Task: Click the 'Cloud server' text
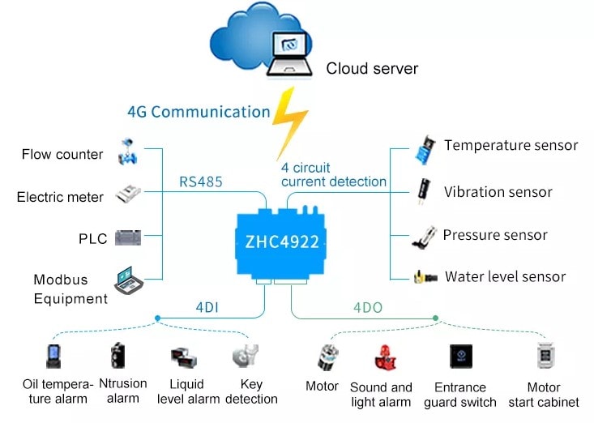click(372, 68)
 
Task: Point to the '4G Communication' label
click(199, 112)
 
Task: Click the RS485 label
click(201, 182)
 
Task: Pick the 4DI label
click(206, 307)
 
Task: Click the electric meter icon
click(130, 194)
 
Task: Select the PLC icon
click(129, 238)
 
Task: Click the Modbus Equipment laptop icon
click(129, 280)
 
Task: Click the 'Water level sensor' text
click(505, 277)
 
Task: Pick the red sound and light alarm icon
click(382, 357)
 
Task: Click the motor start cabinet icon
click(544, 357)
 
